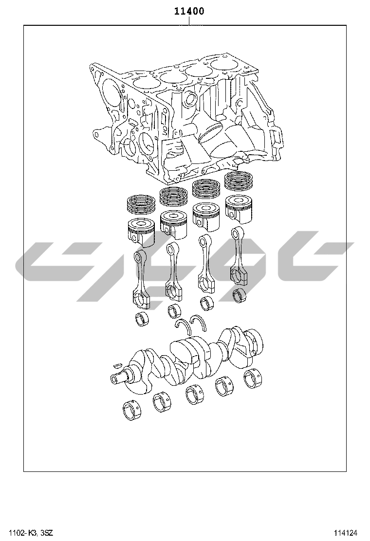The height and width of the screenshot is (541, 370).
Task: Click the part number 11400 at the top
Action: tap(189, 11)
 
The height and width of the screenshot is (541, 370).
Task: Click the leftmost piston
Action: tap(142, 232)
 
